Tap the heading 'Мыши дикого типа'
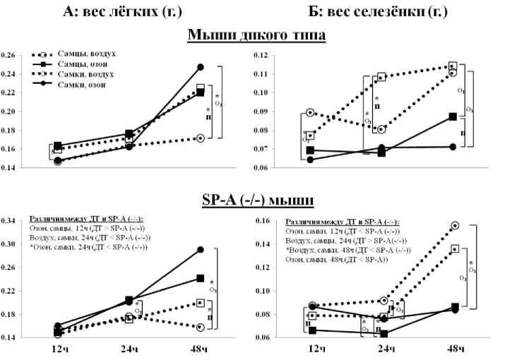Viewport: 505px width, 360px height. (x=255, y=37)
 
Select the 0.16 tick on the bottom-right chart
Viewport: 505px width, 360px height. (x=262, y=221)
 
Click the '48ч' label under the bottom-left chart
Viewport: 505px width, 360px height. (x=200, y=349)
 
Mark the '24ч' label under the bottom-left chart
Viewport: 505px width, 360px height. (x=129, y=349)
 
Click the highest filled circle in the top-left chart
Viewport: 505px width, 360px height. (x=201, y=67)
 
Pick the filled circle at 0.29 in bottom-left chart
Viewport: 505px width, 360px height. (x=201, y=250)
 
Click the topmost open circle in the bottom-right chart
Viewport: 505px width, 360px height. (x=455, y=225)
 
